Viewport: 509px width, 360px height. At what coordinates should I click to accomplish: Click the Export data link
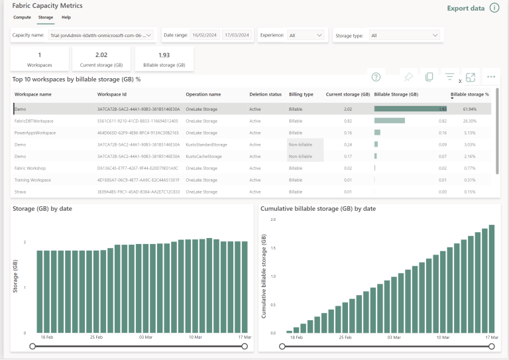(x=466, y=8)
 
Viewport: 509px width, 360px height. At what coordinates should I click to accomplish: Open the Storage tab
(x=46, y=17)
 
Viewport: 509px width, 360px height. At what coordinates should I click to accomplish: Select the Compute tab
(x=22, y=17)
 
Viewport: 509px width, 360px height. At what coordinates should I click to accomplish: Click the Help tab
(x=66, y=17)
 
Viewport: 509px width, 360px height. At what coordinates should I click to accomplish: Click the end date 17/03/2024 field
(x=237, y=35)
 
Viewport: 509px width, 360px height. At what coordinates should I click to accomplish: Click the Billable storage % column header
(x=469, y=94)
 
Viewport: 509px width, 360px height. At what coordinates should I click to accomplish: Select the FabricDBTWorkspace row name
(x=34, y=121)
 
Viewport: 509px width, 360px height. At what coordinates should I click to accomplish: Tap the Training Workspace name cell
(x=32, y=180)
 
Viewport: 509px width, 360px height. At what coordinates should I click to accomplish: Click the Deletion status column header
(x=265, y=94)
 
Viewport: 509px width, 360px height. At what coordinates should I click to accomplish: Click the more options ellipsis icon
(x=491, y=77)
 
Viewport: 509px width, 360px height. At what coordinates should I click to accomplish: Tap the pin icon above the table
(x=408, y=77)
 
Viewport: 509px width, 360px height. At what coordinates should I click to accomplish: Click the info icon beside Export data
(x=494, y=8)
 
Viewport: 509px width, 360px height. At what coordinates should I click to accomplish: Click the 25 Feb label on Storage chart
(x=96, y=337)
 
